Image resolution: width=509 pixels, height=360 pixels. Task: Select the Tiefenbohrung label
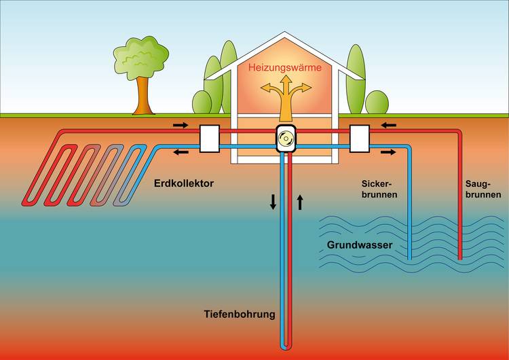[240, 314]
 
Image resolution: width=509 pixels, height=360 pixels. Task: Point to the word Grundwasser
[360, 245]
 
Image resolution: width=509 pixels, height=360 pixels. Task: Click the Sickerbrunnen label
[378, 189]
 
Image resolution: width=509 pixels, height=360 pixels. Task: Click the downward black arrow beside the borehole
[273, 202]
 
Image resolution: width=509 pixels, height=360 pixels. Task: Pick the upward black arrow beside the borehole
[299, 202]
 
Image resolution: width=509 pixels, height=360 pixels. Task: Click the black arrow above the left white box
[182, 125]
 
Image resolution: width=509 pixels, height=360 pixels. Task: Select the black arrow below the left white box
[182, 151]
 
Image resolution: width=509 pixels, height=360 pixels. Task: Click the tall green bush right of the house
[356, 78]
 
